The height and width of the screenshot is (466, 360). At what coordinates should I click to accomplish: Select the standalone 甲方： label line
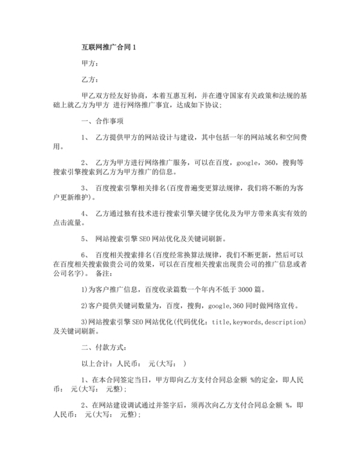click(x=90, y=63)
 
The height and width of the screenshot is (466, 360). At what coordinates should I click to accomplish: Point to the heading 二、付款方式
click(x=104, y=347)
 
